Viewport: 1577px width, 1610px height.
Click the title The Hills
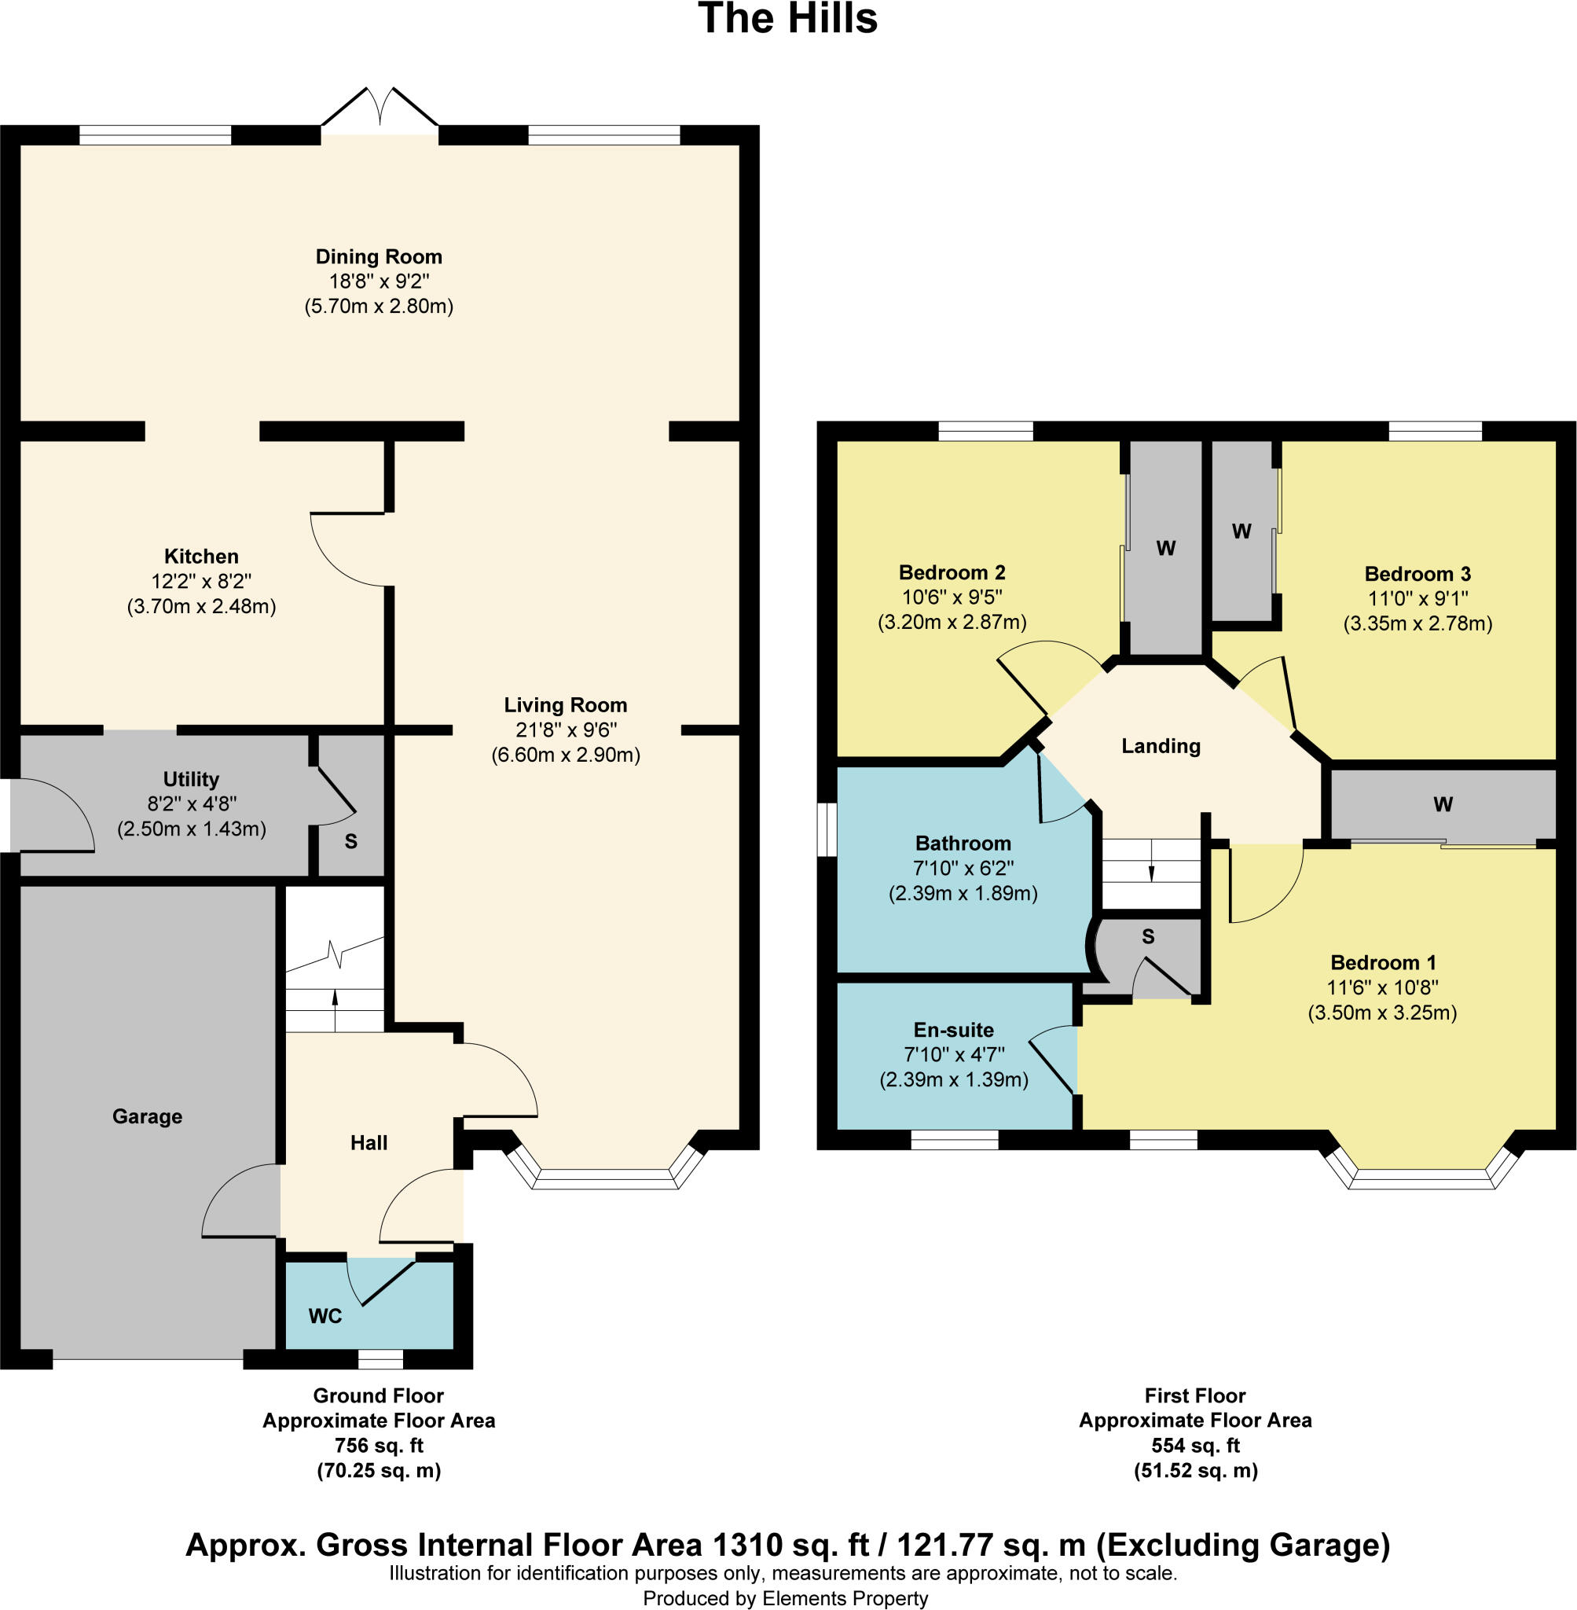tap(787, 19)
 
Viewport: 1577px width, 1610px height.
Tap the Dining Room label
tap(379, 257)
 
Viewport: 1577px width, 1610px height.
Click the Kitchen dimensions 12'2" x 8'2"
tap(201, 582)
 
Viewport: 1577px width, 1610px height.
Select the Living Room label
tap(566, 705)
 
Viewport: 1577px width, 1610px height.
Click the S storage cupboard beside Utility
tap(351, 841)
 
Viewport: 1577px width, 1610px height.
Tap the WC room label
tap(325, 1316)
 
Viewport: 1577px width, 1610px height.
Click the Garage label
tap(148, 1116)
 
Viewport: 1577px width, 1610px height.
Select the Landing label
tap(1161, 746)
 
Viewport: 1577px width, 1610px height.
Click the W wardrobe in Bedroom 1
tap(1443, 803)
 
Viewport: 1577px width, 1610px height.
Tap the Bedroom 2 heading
tap(952, 572)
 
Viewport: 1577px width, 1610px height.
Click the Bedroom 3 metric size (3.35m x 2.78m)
tap(1417, 623)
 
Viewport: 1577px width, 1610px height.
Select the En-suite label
tap(953, 1030)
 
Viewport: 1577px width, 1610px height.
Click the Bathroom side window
tap(827, 829)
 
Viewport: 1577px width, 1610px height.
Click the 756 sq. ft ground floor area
tap(379, 1445)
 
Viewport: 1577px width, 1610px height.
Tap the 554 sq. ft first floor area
tap(1195, 1445)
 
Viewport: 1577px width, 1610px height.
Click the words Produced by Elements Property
tap(785, 1598)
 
